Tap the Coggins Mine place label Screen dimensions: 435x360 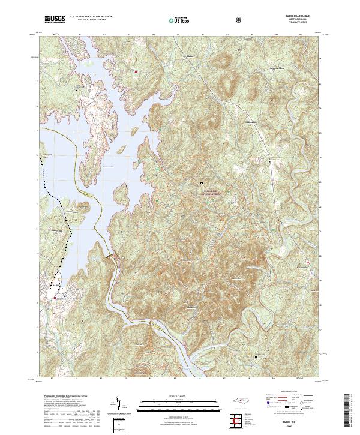(x=275, y=70)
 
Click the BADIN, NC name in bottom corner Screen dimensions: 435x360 (x=298, y=422)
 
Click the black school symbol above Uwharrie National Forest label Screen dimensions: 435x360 (x=202, y=183)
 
